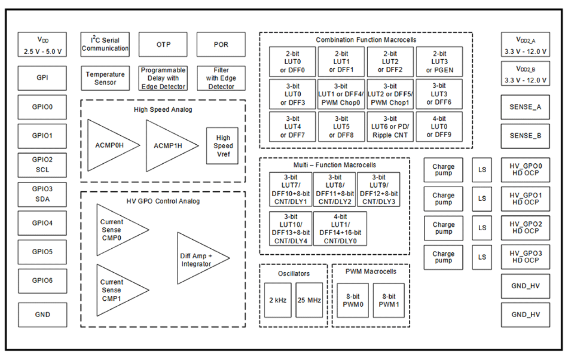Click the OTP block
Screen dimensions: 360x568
pyautogui.click(x=163, y=44)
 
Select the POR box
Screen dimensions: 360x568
pyautogui.click(x=221, y=44)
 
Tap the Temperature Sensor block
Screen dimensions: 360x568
pyautogui.click(x=105, y=78)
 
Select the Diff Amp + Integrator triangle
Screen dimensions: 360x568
pyautogui.click(x=198, y=259)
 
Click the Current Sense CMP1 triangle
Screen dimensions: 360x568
pyautogui.click(x=114, y=290)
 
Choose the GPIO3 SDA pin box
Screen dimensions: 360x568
pyautogui.click(x=43, y=194)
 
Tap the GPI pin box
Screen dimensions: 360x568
pyautogui.click(x=43, y=78)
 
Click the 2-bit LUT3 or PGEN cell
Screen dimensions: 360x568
pyautogui.click(x=439, y=62)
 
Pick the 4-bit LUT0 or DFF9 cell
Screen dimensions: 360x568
pyautogui.click(x=439, y=127)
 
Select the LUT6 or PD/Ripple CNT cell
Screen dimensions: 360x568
pyautogui.click(x=390, y=127)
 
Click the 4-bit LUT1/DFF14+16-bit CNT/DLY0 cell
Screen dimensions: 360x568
pyautogui.click(x=340, y=228)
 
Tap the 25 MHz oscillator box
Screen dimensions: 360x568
pyautogui.click(x=309, y=300)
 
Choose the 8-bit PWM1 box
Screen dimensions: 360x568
pyautogui.click(x=388, y=300)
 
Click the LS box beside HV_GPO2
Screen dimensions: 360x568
pyautogui.click(x=482, y=227)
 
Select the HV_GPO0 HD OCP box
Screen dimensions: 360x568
pyautogui.click(x=525, y=170)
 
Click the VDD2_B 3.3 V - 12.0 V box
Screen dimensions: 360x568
pyautogui.click(x=525, y=74)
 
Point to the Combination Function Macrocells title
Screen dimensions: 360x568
pyautogui.click(x=366, y=39)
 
